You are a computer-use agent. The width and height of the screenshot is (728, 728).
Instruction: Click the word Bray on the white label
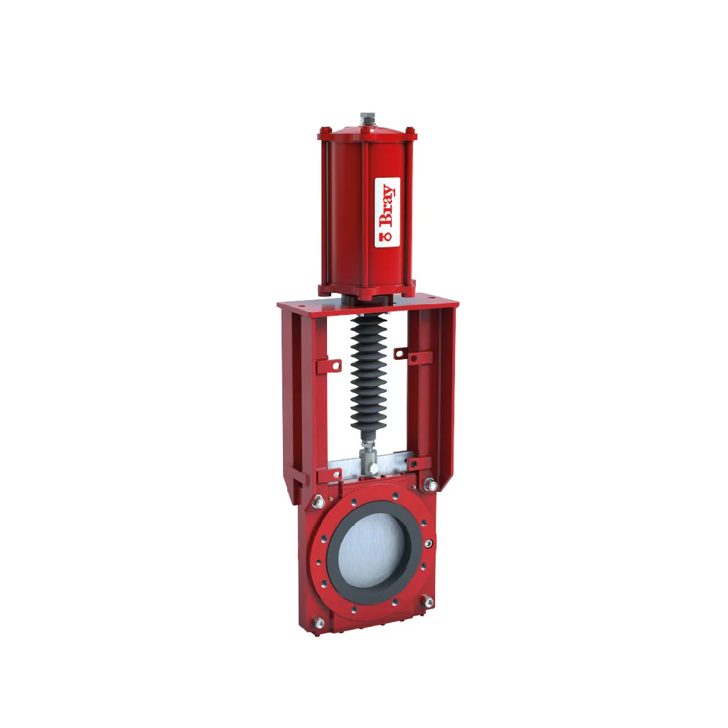(x=387, y=205)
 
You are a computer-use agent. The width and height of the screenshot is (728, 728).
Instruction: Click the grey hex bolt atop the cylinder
(x=368, y=119)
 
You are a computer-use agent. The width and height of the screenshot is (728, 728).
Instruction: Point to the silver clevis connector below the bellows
(x=370, y=460)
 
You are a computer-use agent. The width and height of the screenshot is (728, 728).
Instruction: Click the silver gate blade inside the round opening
(x=371, y=551)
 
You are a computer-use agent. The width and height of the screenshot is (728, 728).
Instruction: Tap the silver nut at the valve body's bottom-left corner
(x=318, y=621)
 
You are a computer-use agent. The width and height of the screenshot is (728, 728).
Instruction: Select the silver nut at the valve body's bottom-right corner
(x=427, y=601)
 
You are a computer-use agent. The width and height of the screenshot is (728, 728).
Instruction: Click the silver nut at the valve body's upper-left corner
(x=318, y=501)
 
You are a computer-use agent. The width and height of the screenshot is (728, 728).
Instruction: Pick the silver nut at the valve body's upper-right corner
(x=432, y=485)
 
